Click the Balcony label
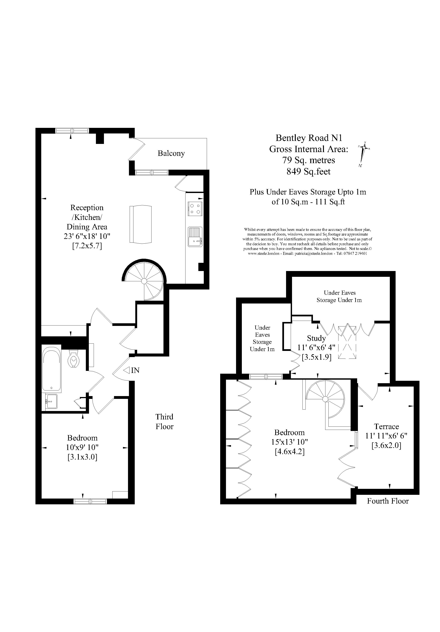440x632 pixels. (x=171, y=153)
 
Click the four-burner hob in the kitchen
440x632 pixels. (x=195, y=209)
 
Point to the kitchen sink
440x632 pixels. (x=195, y=237)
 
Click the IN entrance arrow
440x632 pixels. (x=132, y=371)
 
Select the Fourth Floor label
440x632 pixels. (x=388, y=501)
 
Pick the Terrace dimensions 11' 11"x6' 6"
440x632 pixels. (x=386, y=436)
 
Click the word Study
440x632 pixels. (x=316, y=338)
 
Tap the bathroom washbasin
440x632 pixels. (x=51, y=401)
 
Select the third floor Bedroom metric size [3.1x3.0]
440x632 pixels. (x=82, y=457)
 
